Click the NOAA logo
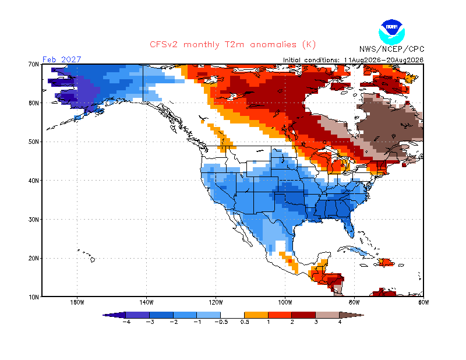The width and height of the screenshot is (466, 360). pyautogui.click(x=391, y=32)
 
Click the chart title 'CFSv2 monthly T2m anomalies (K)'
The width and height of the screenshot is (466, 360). pyautogui.click(x=232, y=45)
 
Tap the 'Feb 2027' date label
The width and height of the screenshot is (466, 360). pyautogui.click(x=62, y=59)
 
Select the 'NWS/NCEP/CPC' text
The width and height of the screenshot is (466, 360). pyautogui.click(x=391, y=49)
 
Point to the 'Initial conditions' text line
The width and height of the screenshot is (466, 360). pyautogui.click(x=353, y=60)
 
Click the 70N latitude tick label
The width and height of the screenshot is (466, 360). pyautogui.click(x=34, y=64)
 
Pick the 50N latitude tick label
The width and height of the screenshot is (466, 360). pyautogui.click(x=34, y=142)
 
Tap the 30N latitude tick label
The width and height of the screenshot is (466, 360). pyautogui.click(x=34, y=220)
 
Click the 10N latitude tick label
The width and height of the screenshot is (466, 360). pyautogui.click(x=34, y=297)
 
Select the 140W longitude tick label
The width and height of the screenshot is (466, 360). pyautogui.click(x=146, y=303)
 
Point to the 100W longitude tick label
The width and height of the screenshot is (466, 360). pyautogui.click(x=285, y=303)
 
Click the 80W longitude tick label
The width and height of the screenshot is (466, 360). pyautogui.click(x=354, y=303)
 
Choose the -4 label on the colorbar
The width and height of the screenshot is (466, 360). pyautogui.click(x=126, y=322)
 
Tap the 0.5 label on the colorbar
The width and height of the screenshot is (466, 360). pyautogui.click(x=245, y=322)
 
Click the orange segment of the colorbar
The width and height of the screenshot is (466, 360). pyautogui.click(x=256, y=315)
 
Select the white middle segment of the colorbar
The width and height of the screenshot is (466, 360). pyautogui.click(x=232, y=315)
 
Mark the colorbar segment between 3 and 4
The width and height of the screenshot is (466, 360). pyautogui.click(x=327, y=315)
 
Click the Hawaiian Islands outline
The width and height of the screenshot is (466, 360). pyautogui.click(x=86, y=255)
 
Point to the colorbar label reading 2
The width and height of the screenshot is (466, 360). pyautogui.click(x=292, y=322)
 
